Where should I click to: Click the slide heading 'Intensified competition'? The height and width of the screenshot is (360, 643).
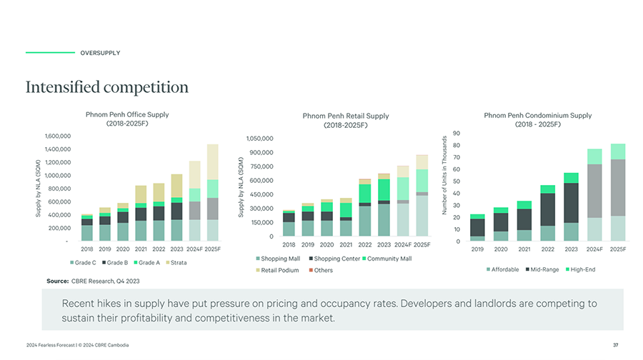click(107, 88)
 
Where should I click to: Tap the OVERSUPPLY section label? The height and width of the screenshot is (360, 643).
click(100, 53)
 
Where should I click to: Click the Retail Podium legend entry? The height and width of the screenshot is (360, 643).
click(278, 270)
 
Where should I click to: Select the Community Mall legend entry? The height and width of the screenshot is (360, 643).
click(387, 259)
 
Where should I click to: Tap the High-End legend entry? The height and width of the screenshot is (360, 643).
click(579, 269)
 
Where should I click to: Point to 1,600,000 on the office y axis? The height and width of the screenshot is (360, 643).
click(56, 136)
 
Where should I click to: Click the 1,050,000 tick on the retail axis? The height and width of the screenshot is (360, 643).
click(260, 139)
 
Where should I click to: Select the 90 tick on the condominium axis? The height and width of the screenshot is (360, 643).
click(455, 134)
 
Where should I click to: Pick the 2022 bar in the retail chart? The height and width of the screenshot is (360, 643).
click(365, 207)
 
